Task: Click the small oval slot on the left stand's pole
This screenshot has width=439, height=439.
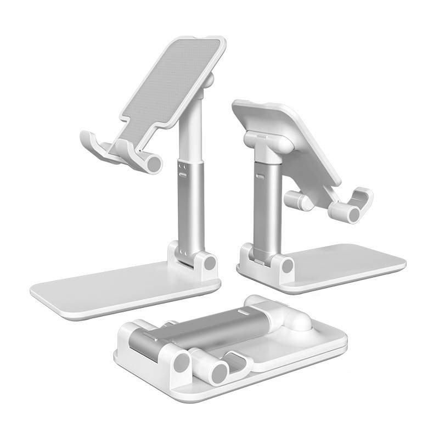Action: tap(183, 174)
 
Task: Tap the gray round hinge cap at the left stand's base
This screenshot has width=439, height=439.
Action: tap(209, 263)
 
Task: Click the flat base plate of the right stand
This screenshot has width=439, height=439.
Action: tap(346, 263)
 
